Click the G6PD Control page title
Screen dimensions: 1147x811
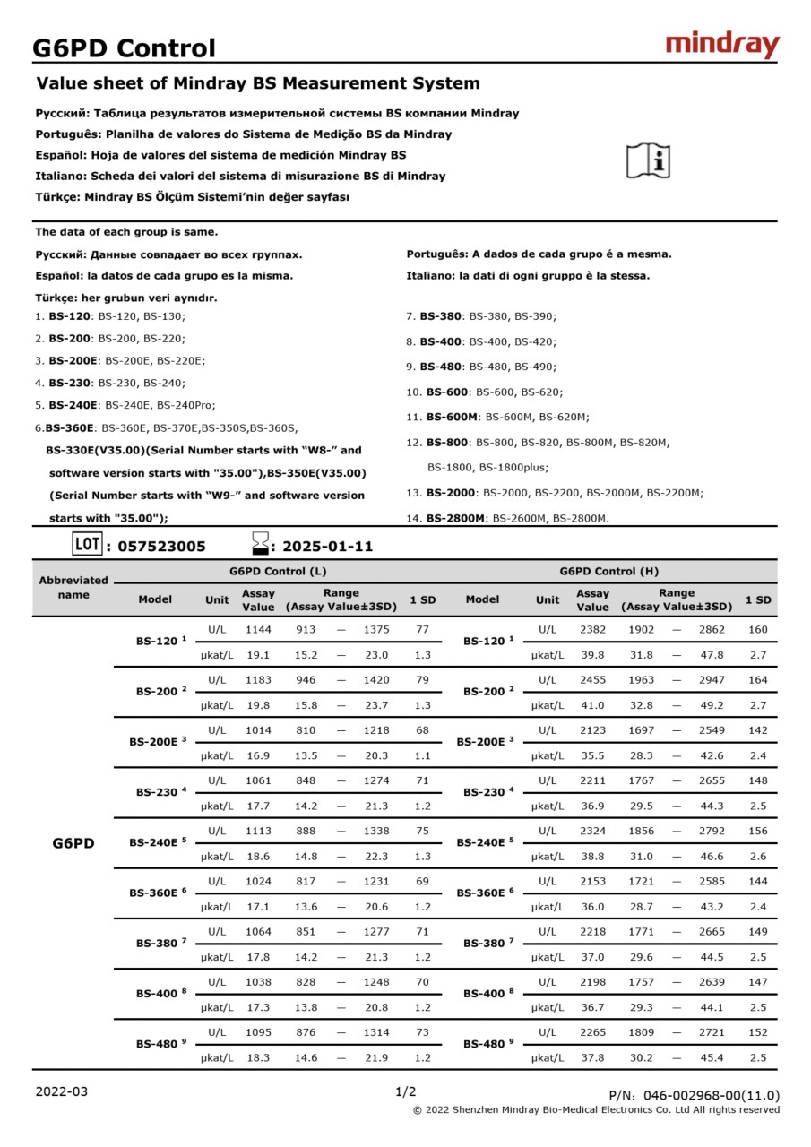point(124,48)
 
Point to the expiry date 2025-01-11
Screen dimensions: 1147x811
point(327,547)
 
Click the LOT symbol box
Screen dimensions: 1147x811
point(87,544)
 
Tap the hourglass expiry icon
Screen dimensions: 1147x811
point(261,544)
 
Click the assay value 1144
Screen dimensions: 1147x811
point(258,630)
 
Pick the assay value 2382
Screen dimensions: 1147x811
point(592,630)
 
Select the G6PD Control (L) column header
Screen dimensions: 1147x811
point(278,571)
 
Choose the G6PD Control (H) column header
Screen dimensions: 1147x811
point(609,571)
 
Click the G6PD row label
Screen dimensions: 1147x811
point(73,843)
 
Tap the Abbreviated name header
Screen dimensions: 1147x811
point(73,587)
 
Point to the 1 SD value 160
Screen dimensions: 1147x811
point(758,630)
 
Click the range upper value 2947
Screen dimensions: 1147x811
point(712,680)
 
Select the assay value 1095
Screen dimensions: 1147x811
point(258,1032)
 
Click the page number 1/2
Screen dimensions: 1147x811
point(405,1091)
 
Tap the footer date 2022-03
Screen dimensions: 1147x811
point(62,1091)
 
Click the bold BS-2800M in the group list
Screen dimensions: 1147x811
point(456,518)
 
